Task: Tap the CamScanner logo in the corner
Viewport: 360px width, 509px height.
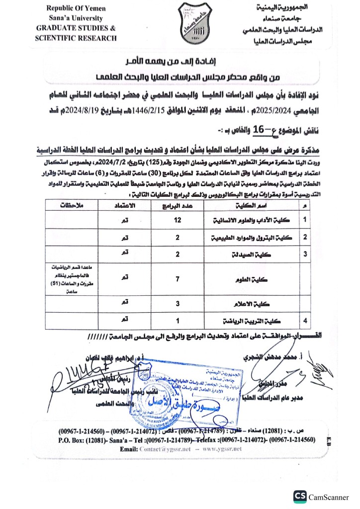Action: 300,497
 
